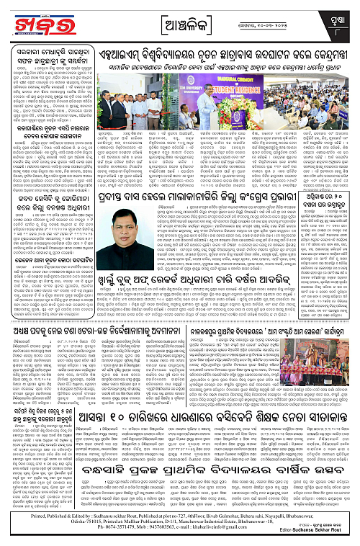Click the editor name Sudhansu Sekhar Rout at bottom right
click(326, 540)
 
